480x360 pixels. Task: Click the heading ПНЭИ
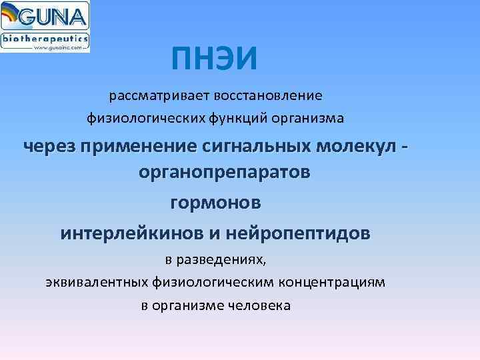click(213, 61)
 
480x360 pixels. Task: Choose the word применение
click(134, 145)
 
